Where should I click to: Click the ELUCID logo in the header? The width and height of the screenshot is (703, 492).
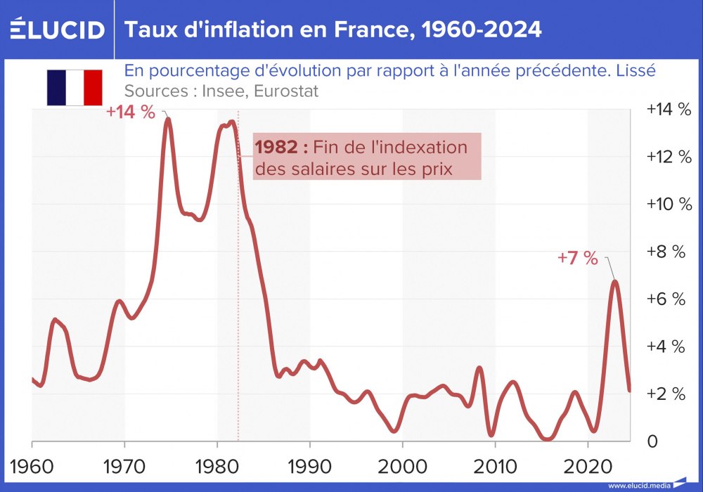pos(58,30)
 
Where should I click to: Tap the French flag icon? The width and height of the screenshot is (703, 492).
pos(75,88)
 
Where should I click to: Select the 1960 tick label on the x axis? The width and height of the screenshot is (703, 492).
pos(32,467)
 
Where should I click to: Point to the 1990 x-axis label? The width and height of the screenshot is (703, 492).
pos(309,467)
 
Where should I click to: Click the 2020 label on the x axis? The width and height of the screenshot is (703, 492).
pos(587,467)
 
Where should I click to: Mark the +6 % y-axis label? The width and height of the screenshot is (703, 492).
pos(665,299)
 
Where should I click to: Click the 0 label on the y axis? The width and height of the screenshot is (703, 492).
pos(652,441)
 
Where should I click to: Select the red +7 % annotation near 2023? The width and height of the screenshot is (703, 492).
pos(578,258)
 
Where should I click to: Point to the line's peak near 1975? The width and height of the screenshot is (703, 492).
pos(168,119)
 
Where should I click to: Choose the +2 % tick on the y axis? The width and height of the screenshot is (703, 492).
pos(665,394)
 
